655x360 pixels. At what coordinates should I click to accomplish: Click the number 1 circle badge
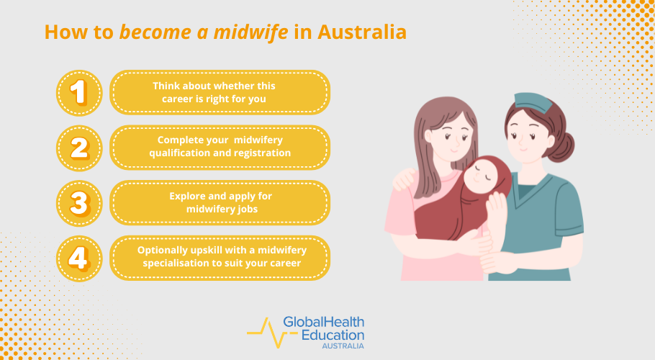79,92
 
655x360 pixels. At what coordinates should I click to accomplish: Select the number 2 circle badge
79,148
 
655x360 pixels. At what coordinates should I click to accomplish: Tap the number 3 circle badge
79,202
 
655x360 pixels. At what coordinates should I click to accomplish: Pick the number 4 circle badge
79,258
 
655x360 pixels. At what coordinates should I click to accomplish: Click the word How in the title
62,32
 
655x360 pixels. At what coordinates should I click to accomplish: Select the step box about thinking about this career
219,92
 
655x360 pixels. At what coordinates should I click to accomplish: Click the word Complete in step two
181,140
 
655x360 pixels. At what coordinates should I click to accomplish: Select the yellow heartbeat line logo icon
263,331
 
